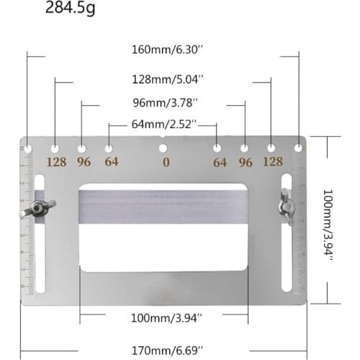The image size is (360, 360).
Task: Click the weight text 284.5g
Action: coord(71,9)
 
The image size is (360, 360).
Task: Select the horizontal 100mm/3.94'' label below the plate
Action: coord(166,316)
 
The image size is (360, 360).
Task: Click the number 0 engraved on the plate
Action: coord(166,163)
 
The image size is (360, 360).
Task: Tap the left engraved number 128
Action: coord(56,162)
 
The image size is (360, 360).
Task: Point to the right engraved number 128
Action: coord(272,162)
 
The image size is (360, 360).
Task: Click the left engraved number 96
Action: coord(84,162)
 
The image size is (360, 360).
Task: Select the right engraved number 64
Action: coord(220,162)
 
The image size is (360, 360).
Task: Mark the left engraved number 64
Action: coord(111,162)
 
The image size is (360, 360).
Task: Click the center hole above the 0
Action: coord(163,149)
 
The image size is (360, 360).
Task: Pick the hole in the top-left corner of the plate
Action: coord(28,148)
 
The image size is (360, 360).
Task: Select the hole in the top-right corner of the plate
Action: coord(299,148)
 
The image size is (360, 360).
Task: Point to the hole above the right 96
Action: coord(244,148)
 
